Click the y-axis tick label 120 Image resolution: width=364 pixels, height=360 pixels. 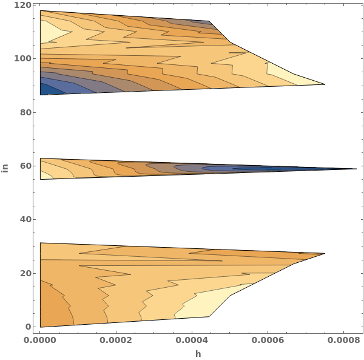point(24,5)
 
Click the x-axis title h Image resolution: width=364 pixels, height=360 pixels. point(198,353)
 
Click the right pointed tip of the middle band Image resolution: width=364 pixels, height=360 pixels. point(356,169)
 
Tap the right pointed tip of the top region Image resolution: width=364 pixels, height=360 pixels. point(325,84)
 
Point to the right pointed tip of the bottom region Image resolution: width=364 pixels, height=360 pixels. point(325,253)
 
